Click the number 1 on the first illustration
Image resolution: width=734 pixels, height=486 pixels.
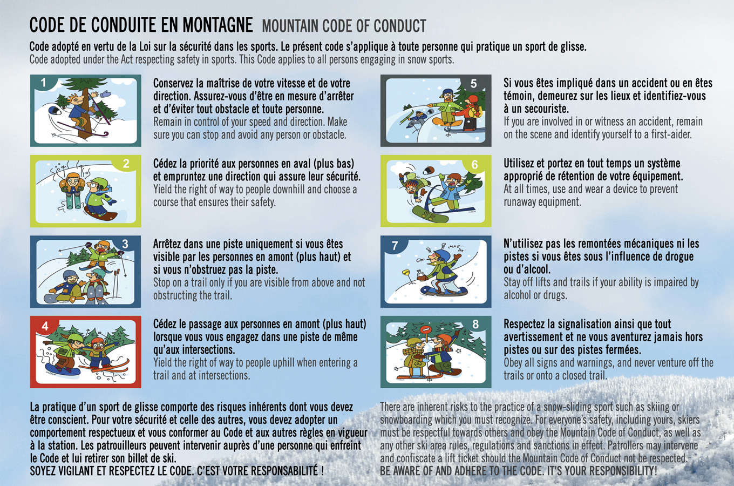(44, 83)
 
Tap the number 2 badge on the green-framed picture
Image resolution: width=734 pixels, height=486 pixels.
(126, 164)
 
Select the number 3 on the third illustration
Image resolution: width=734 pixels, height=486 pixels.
(126, 244)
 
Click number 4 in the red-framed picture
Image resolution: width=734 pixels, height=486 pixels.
(45, 326)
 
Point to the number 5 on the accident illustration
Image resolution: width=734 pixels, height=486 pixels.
(474, 84)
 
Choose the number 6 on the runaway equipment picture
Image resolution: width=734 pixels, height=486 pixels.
(475, 165)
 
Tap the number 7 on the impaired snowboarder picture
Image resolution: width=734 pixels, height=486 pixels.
(395, 246)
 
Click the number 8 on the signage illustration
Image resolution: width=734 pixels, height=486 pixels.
(475, 324)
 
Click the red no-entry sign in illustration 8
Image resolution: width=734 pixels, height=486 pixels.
(426, 329)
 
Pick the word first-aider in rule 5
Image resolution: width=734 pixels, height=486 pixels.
(671, 134)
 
